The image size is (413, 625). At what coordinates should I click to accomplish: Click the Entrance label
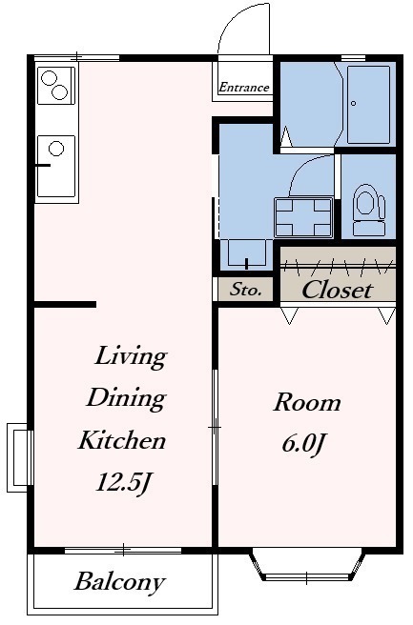(244, 87)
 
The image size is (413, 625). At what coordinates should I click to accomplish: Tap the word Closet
(338, 290)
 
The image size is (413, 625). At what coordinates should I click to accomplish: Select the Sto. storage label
(245, 289)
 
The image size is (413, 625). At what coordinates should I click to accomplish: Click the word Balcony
(120, 582)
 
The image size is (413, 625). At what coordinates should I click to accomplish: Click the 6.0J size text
(302, 443)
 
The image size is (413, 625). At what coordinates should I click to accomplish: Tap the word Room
(307, 402)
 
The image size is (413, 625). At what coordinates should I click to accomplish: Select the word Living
(131, 356)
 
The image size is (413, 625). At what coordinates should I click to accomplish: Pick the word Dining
(126, 398)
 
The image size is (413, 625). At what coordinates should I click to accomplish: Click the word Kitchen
(122, 440)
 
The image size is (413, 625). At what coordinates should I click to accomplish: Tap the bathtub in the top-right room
(368, 105)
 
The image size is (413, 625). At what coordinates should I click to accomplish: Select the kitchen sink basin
(56, 166)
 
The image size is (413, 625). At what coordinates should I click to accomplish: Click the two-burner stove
(56, 86)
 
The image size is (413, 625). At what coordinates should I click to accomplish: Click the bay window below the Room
(307, 565)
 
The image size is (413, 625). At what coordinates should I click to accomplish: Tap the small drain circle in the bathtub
(354, 104)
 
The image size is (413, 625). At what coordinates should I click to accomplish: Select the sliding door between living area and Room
(215, 427)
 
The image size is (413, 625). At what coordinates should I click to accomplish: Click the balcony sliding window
(123, 551)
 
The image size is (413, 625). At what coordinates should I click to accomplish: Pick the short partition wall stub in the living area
(65, 305)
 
